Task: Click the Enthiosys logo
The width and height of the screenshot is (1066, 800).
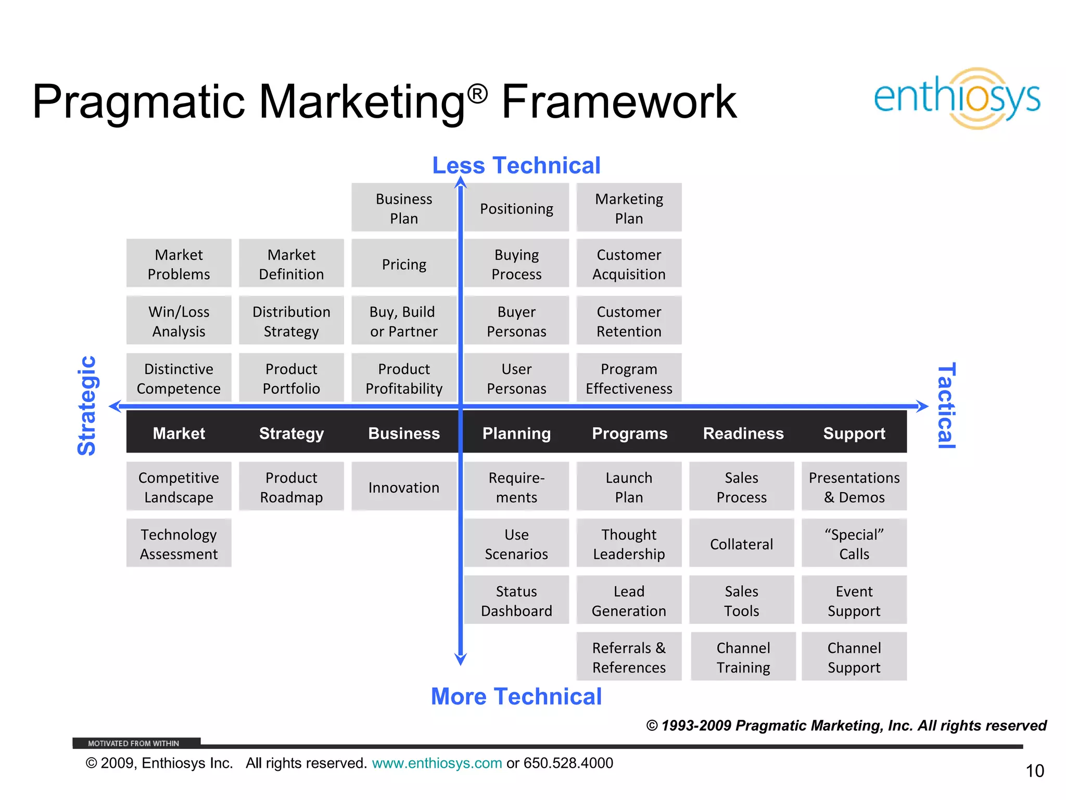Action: point(957,98)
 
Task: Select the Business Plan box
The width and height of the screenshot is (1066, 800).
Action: point(404,208)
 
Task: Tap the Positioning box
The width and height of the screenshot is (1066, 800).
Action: point(516,208)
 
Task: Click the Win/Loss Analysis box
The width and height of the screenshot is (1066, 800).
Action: point(179,321)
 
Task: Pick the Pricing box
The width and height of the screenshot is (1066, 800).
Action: point(404,264)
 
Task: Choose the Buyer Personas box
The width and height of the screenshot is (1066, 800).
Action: point(516,321)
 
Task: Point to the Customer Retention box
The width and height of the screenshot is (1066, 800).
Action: point(629,321)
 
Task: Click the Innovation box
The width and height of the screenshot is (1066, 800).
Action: point(404,487)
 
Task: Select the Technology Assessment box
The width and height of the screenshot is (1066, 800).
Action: point(179,544)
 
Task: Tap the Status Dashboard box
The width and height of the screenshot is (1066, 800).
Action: point(516,601)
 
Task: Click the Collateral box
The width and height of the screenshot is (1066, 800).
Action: point(741,544)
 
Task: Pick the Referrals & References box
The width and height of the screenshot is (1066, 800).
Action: point(629,657)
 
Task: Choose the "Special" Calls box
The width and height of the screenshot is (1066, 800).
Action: point(854,544)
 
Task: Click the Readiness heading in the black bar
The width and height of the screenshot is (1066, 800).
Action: point(743,433)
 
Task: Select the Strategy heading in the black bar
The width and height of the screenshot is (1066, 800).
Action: point(291,433)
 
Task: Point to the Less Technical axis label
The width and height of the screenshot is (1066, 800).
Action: point(516,166)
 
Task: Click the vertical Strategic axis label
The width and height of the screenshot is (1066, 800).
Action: point(87,406)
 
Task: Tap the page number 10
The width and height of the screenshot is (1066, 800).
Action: point(1035,770)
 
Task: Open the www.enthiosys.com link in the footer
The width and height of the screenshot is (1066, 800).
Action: point(437,763)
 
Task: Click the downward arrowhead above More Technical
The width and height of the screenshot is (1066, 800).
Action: point(461,659)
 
